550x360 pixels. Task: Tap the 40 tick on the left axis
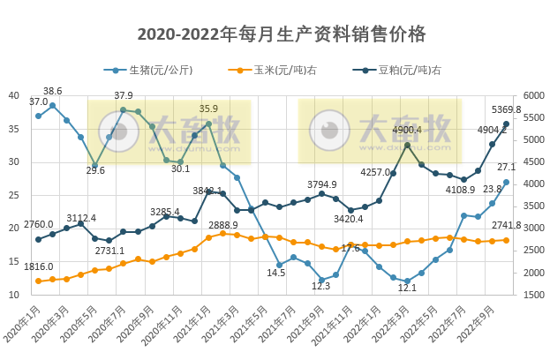point(14,95)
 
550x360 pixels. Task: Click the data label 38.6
point(53,91)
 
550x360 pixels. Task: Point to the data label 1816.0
point(39,266)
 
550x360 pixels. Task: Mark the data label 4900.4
point(407,130)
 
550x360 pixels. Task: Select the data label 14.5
point(276,273)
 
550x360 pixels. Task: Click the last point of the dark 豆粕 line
point(507,124)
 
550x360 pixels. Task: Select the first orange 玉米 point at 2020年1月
point(38,281)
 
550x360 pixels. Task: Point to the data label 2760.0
point(38,224)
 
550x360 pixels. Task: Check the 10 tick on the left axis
point(14,294)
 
